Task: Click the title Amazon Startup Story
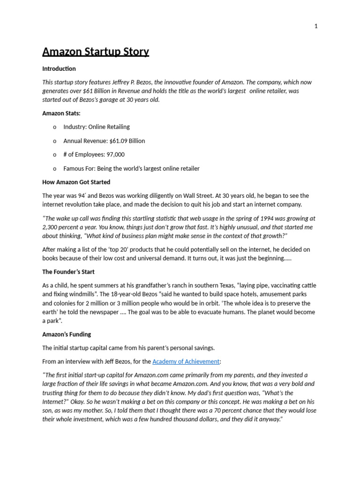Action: (96, 52)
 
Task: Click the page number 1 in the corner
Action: (316, 26)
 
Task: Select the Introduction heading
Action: (59, 68)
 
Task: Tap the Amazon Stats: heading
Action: (61, 113)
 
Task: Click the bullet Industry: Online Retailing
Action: (97, 127)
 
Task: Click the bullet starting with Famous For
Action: (131, 168)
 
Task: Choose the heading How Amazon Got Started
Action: (76, 182)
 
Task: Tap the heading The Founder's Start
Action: (68, 271)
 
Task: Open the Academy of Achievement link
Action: (186, 361)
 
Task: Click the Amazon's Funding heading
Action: (67, 334)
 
